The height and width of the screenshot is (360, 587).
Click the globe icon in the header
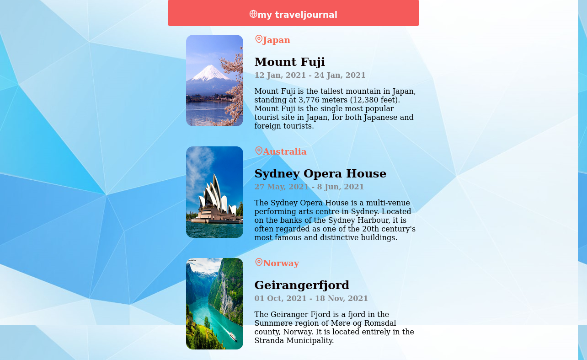click(253, 14)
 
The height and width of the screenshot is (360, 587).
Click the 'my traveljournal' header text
click(298, 15)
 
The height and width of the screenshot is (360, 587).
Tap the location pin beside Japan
click(259, 39)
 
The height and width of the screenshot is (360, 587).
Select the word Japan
click(277, 40)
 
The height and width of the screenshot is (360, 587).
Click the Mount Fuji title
click(289, 62)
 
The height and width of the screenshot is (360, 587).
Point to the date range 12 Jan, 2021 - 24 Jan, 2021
click(310, 75)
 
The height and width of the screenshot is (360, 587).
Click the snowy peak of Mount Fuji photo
click(210, 73)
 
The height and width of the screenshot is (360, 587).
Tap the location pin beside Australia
click(259, 151)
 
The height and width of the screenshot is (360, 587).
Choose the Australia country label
click(285, 151)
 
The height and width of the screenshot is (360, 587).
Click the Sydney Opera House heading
click(320, 173)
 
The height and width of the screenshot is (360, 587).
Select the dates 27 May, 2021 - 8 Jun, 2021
click(309, 187)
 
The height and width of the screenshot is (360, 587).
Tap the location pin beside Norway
click(259, 262)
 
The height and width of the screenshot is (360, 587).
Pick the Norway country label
click(281, 263)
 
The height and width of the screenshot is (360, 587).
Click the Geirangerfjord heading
click(302, 285)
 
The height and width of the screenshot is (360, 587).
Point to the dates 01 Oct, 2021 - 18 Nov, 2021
click(311, 298)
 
